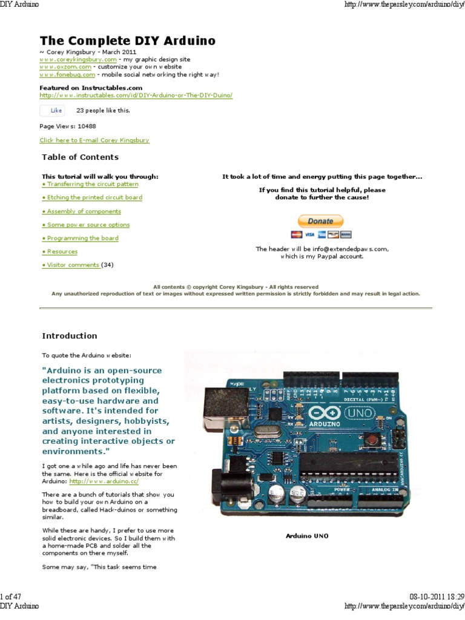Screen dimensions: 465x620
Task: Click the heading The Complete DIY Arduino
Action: (127, 41)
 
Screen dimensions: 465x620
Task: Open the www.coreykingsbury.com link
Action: (77, 60)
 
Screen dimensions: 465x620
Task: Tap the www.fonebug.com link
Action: (67, 74)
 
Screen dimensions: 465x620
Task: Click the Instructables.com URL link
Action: (136, 95)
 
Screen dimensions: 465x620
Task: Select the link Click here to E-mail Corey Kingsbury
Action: (94, 140)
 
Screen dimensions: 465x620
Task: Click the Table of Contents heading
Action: (80, 157)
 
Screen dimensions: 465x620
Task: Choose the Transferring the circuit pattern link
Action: (90, 184)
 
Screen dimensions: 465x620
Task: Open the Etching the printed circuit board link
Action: (92, 197)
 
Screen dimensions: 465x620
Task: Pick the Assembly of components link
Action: (81, 211)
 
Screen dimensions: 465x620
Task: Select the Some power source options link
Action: (85, 225)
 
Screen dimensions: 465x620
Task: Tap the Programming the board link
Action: (80, 238)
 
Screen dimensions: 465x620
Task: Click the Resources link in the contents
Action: (60, 251)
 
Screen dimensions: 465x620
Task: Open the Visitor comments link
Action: (71, 265)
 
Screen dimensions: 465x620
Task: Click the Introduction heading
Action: (69, 336)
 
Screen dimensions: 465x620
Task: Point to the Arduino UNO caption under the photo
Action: (307, 536)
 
